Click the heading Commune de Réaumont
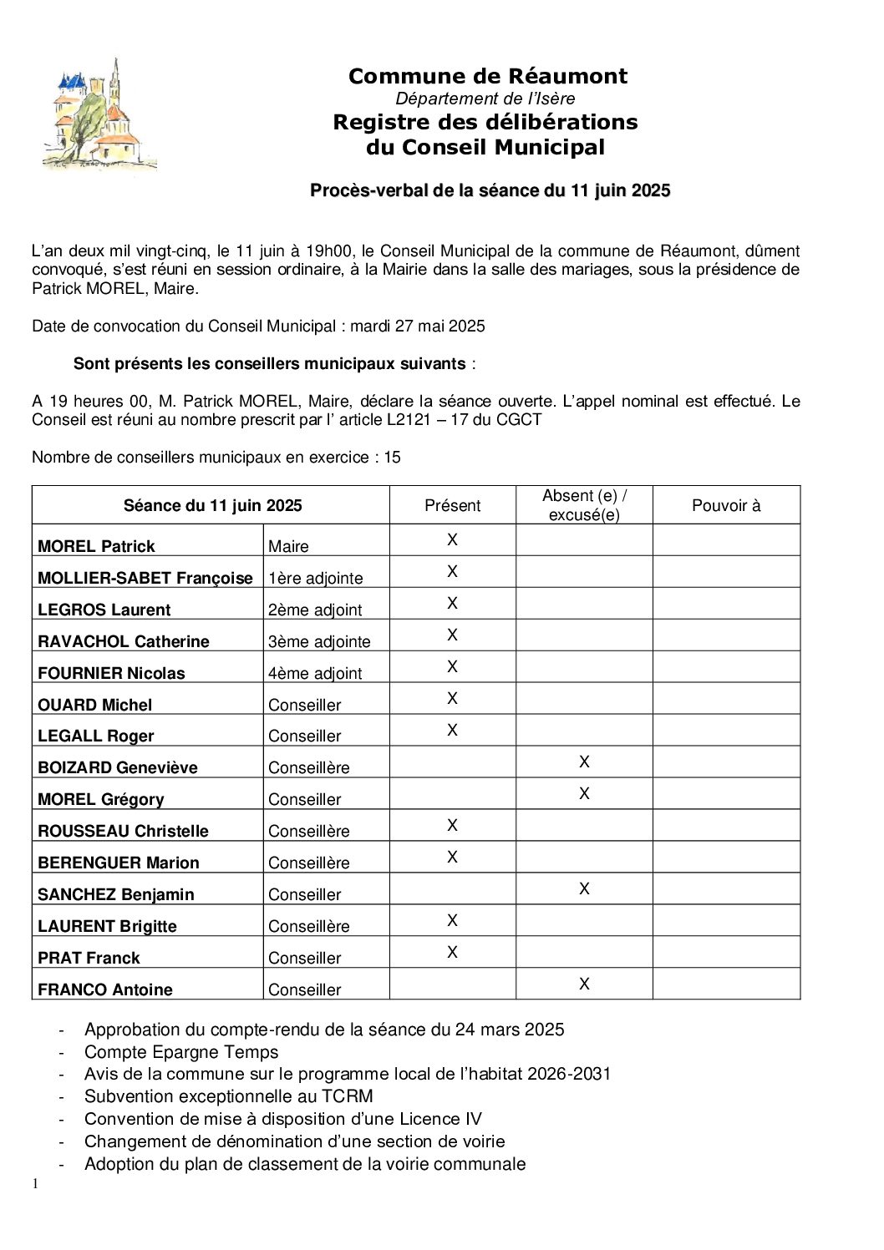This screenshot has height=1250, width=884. [x=487, y=76]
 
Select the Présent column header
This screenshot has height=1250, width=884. [x=452, y=505]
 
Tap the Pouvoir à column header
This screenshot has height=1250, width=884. [x=726, y=505]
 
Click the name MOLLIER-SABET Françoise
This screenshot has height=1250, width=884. [x=145, y=578]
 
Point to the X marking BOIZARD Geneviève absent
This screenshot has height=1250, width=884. [x=584, y=762]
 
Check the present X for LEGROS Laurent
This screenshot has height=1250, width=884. [x=452, y=603]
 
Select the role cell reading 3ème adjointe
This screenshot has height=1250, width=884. [x=319, y=641]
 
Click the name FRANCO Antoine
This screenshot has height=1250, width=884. [x=105, y=989]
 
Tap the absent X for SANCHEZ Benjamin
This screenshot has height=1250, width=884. [x=584, y=888]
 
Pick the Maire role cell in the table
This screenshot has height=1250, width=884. [x=288, y=546]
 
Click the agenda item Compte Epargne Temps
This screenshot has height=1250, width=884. [x=181, y=1052]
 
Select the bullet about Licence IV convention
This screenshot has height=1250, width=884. [x=283, y=1119]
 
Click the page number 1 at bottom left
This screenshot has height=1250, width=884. [x=35, y=1183]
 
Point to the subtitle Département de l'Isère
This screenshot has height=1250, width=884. [x=485, y=99]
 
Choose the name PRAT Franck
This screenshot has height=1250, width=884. [x=89, y=958]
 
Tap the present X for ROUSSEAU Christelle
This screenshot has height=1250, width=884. [x=452, y=825]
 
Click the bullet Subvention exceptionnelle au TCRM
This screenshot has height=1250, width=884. [x=229, y=1096]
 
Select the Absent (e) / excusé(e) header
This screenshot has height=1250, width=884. [x=584, y=505]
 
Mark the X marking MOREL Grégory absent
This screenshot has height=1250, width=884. [x=584, y=793]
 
